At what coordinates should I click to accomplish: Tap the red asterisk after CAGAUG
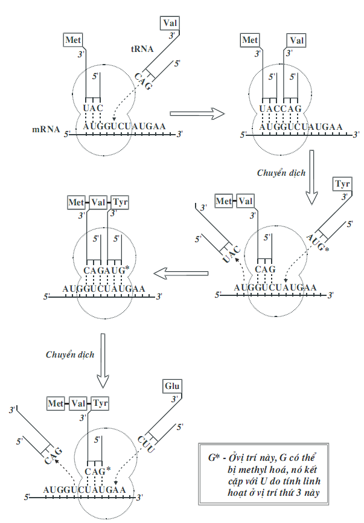coord(127,266)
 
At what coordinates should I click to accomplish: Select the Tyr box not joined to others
coord(342,182)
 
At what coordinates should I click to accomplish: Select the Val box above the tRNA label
coord(170,24)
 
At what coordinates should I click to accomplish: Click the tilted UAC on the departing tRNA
coord(231,253)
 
